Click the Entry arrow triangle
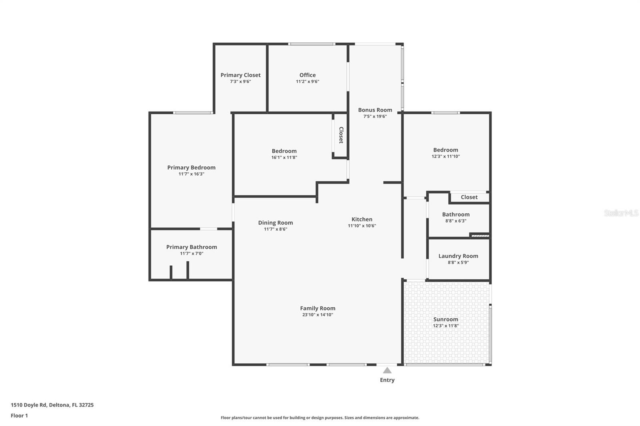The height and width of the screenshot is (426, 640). coord(387,370)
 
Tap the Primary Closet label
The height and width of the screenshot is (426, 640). coord(240,75)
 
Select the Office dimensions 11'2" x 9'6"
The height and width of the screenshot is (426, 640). coord(307,82)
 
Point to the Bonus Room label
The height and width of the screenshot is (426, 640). coord(375,110)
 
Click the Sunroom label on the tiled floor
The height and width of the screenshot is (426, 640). coord(446,319)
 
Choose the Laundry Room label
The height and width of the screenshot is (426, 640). coord(458,256)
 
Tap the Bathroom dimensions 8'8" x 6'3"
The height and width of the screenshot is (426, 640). coord(456,221)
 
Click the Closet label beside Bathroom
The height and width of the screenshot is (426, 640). coord(469,197)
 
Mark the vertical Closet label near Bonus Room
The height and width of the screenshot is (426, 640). coord(341,135)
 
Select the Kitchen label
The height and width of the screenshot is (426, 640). coord(362,219)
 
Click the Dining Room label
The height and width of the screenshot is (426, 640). coord(275,223)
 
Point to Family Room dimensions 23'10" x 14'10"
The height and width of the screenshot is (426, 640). coord(318,315)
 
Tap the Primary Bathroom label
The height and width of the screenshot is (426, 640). coord(192,247)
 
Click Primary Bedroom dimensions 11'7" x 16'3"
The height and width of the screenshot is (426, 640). coord(191,174)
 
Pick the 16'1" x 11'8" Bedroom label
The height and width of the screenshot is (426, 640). coord(284,151)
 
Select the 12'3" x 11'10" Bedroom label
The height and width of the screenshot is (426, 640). coord(446,150)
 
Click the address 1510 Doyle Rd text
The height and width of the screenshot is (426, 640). coord(52,405)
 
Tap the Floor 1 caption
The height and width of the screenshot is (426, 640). coord(19,416)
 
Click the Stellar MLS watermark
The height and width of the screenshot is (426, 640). coord(621,213)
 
